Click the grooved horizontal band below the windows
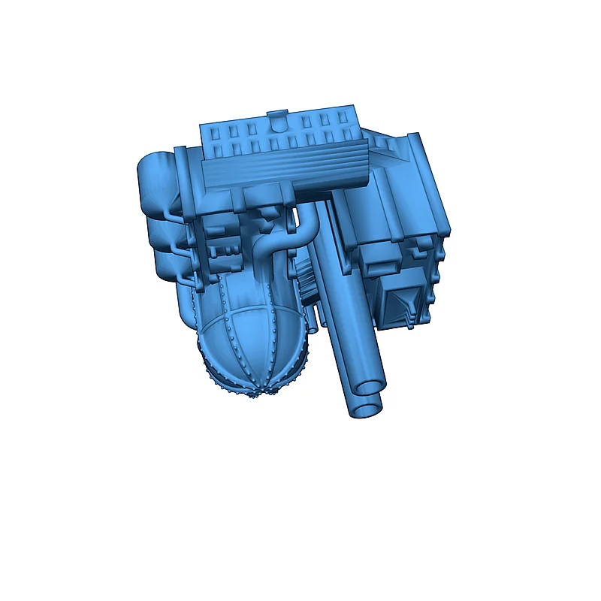[x=285, y=169]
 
